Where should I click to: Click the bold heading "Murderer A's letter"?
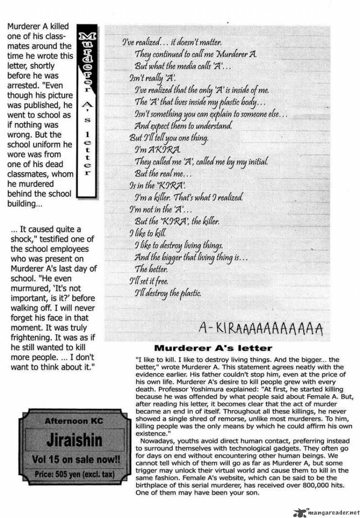(213, 348)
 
